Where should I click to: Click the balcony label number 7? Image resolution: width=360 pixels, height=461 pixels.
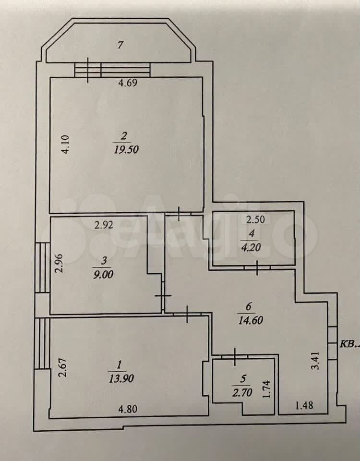[120, 45]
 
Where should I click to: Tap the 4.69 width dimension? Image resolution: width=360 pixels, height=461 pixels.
[128, 83]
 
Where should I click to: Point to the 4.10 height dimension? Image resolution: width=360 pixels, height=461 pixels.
[65, 144]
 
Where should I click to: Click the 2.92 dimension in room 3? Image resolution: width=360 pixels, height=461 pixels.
[104, 225]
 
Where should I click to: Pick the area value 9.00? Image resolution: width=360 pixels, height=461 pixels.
[103, 275]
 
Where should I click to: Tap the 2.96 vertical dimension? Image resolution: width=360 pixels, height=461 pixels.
[60, 264]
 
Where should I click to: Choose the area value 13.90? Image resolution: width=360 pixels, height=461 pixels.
[121, 378]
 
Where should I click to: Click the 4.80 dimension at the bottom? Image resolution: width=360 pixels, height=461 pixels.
[128, 409]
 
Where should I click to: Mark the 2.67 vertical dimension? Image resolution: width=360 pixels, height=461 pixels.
[62, 367]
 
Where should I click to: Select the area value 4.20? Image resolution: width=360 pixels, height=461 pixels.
[252, 247]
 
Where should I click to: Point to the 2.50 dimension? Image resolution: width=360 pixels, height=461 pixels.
[255, 219]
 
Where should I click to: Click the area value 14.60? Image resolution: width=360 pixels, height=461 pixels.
[251, 320]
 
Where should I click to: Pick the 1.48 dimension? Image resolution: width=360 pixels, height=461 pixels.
[304, 406]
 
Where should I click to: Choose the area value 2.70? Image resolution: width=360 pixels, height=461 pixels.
[242, 392]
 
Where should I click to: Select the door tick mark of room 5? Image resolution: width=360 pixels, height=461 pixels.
[235, 357]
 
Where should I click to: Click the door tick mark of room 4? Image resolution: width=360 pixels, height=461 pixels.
[257, 267]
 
